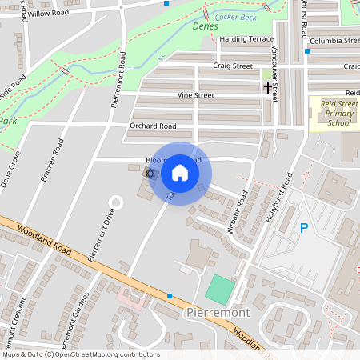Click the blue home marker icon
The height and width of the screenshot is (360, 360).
(x=180, y=173)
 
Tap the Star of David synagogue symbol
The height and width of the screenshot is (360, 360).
(x=149, y=173)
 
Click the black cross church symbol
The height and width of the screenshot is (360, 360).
(x=267, y=86)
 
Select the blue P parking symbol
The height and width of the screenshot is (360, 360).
(x=304, y=228)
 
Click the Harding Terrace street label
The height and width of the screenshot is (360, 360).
(x=246, y=38)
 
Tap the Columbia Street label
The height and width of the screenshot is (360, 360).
(x=334, y=40)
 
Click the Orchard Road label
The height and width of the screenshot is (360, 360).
(x=153, y=126)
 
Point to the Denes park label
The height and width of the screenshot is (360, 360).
(x=206, y=26)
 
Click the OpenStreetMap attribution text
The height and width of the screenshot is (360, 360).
(x=81, y=354)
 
